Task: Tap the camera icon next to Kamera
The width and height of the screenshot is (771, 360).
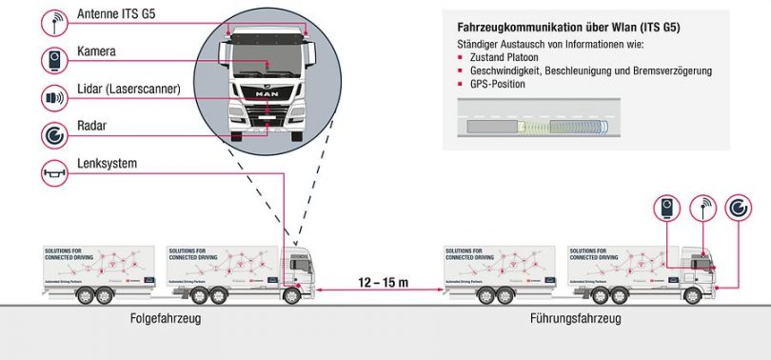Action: tap(55, 60)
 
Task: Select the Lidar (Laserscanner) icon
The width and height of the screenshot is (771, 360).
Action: tap(55, 97)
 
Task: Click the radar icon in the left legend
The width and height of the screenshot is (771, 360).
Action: tap(55, 134)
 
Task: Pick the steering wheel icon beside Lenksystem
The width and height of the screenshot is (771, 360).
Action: tap(55, 172)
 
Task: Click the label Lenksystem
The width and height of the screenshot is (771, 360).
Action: tap(107, 164)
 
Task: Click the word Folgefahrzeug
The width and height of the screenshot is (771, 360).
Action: tap(166, 318)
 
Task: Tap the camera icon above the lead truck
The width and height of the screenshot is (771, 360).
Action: tap(667, 209)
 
